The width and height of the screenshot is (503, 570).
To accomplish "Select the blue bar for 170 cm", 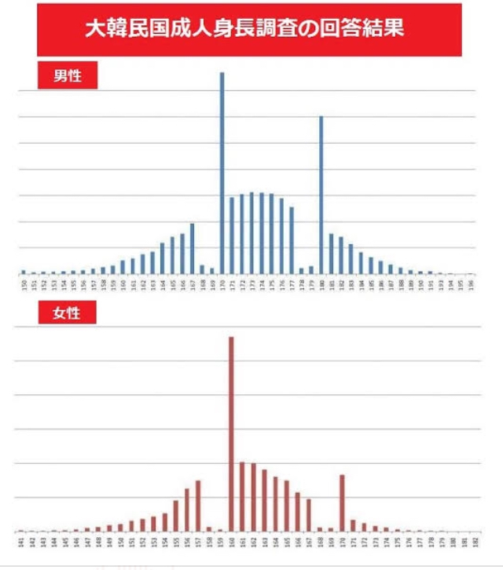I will (222, 173).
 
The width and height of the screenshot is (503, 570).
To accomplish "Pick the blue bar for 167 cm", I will (192, 249).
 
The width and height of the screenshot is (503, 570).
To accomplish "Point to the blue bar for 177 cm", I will (292, 240).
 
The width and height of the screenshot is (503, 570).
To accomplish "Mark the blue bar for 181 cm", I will (331, 254).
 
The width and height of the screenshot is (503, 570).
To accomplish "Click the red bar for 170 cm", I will (342, 502).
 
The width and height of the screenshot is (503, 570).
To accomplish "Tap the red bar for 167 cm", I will (309, 514).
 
